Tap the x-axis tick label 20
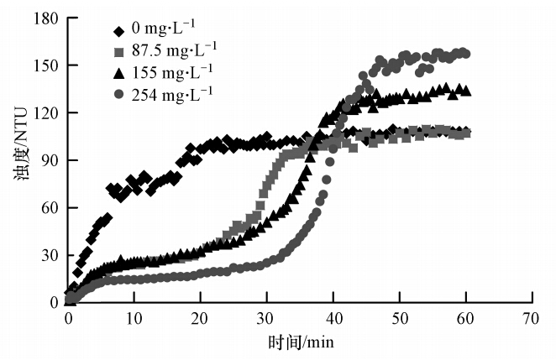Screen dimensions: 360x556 (201, 319)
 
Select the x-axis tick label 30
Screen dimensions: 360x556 (266, 319)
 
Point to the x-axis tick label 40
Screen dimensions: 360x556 (333, 319)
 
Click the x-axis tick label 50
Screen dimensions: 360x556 (399, 319)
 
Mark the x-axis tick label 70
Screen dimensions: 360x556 (531, 319)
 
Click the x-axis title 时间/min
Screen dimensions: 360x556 (299, 344)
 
